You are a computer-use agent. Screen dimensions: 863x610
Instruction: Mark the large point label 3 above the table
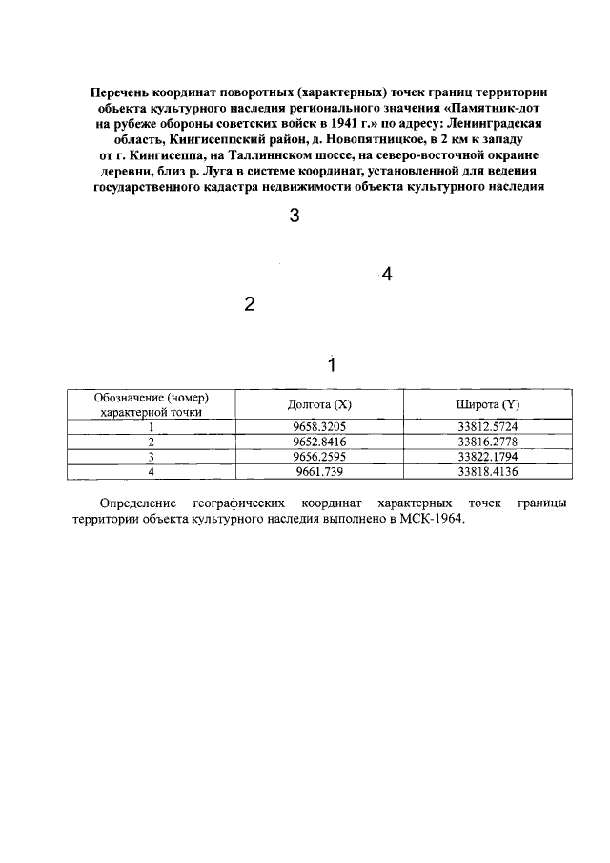tap(295, 216)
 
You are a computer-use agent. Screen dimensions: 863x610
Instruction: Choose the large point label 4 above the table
tap(386, 275)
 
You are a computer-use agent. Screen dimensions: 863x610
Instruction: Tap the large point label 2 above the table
tap(250, 305)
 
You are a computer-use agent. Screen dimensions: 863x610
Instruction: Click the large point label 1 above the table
tap(332, 364)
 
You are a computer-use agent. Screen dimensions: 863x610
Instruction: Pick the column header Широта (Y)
tap(487, 405)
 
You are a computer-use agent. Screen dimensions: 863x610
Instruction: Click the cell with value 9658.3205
tap(319, 426)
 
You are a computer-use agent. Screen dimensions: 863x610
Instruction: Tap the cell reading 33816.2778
tap(487, 442)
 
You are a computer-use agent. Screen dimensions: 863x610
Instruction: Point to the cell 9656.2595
tap(319, 456)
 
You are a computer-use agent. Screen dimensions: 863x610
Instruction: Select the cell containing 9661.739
tap(319, 471)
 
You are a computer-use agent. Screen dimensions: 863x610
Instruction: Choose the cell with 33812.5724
tap(487, 426)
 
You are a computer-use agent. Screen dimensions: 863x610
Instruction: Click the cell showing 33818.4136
tap(487, 471)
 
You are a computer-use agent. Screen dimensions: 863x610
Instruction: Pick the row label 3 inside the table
tap(151, 456)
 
